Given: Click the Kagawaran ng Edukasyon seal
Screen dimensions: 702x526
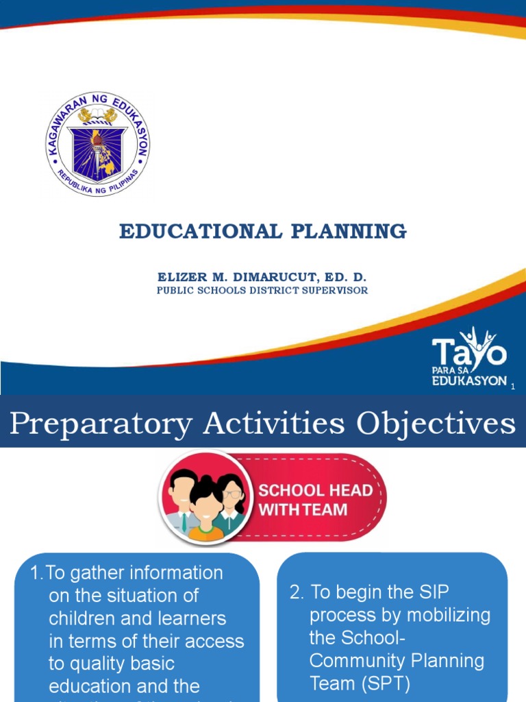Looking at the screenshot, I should [x=98, y=145].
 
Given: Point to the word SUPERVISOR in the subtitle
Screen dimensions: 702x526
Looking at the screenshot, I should [x=335, y=290].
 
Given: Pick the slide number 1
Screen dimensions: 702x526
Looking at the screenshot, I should [x=512, y=387].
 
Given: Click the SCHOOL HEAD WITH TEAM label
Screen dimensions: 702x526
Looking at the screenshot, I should [x=314, y=500].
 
